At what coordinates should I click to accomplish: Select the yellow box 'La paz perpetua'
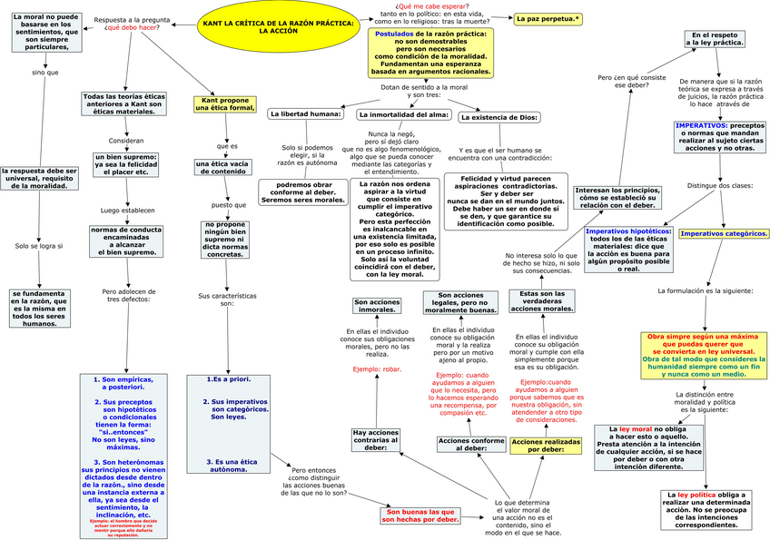pyautogui.click(x=548, y=19)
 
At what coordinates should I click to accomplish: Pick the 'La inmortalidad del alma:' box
pyautogui.click(x=403, y=115)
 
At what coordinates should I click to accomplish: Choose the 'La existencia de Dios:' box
pyautogui.click(x=499, y=117)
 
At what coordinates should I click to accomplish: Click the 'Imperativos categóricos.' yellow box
pyautogui.click(x=724, y=233)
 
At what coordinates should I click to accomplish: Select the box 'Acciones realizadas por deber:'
pyautogui.click(x=546, y=445)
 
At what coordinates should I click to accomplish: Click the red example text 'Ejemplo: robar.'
pyautogui.click(x=378, y=370)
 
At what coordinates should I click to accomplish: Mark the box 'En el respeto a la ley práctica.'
pyautogui.click(x=713, y=39)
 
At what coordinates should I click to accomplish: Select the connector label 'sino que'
pyautogui.click(x=44, y=72)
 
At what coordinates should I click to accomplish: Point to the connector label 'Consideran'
pyautogui.click(x=126, y=141)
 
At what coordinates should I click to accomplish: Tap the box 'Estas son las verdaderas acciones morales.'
pyautogui.click(x=541, y=301)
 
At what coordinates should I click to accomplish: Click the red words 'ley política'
pyautogui.click(x=699, y=495)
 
